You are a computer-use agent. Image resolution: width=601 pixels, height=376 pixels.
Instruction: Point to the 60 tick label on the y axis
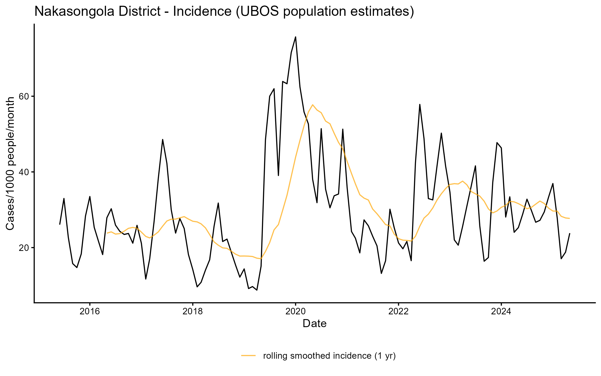click(24, 97)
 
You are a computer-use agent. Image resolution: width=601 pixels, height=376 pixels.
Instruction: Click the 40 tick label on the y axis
click(24, 172)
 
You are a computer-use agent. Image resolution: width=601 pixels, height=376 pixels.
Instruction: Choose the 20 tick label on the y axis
click(24, 248)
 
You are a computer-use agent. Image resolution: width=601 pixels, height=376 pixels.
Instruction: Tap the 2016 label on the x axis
click(90, 312)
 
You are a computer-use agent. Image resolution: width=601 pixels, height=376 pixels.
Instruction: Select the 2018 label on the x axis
click(193, 312)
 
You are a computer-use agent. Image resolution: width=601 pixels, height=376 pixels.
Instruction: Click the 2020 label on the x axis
click(295, 312)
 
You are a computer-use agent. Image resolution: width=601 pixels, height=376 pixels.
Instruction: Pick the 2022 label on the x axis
click(398, 312)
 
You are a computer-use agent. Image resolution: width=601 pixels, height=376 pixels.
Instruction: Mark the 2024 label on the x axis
click(501, 312)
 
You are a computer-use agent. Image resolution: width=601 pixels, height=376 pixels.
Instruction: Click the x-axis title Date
click(315, 324)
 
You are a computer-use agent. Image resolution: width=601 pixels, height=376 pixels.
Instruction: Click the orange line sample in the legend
click(248, 355)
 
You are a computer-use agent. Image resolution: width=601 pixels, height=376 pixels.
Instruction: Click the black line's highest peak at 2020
click(295, 37)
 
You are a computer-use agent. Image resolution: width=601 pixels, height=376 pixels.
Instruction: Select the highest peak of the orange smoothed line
click(313, 105)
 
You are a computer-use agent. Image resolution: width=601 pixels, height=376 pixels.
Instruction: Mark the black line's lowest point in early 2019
click(257, 290)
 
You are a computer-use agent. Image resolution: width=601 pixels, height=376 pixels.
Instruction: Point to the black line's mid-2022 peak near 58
click(420, 105)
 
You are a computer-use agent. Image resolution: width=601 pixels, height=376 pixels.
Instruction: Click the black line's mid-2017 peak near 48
click(163, 140)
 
